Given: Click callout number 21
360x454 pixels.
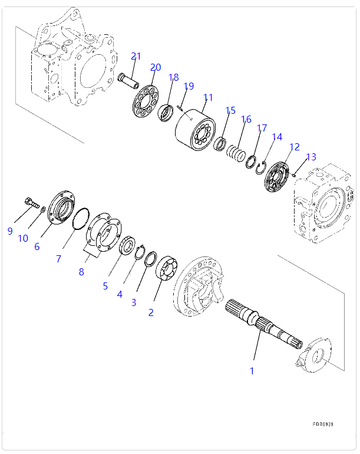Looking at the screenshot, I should [x=136, y=57].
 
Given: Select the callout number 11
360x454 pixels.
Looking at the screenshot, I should [x=208, y=97].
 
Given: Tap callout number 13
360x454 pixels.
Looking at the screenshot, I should [x=311, y=157].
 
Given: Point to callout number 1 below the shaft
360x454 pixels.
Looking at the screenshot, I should [x=252, y=371].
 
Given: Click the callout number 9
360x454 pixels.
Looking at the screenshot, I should [x=10, y=231].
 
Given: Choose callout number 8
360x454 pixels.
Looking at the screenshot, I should [x=81, y=272].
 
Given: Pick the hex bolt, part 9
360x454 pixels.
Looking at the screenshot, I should [x=32, y=204].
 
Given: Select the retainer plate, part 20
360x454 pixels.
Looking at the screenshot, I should [x=144, y=104].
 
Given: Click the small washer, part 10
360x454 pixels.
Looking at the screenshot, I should [x=44, y=209].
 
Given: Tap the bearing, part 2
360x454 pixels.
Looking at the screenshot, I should [x=167, y=272].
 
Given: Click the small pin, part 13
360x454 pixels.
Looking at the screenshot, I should [x=293, y=174].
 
